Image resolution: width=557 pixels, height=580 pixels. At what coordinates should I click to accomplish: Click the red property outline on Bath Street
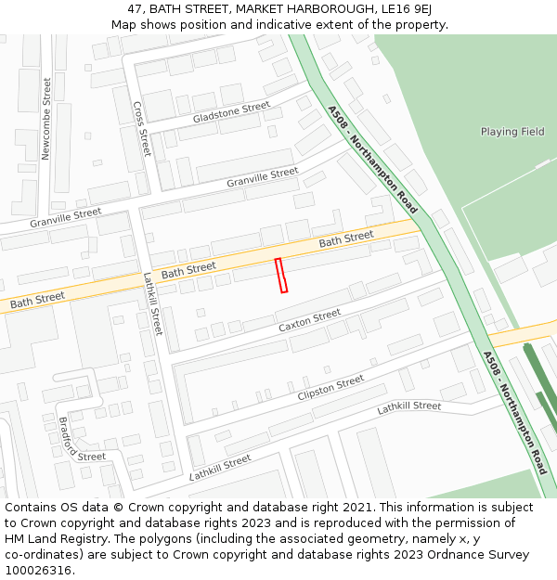[x=281, y=276]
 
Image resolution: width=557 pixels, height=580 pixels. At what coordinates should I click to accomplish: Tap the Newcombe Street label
[x=46, y=119]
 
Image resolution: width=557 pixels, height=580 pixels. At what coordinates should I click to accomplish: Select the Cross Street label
[x=141, y=129]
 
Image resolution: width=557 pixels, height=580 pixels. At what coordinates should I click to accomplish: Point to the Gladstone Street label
[x=231, y=114]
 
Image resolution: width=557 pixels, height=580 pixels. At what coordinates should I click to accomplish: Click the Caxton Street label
[x=310, y=321]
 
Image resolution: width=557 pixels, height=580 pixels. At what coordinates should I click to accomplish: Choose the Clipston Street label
[x=330, y=389]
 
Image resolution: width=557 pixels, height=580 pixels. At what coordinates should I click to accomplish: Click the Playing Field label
[x=512, y=132]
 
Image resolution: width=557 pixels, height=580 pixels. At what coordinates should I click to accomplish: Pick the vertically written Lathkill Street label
[x=153, y=303]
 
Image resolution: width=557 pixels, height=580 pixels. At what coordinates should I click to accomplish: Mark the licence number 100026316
[x=38, y=571]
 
